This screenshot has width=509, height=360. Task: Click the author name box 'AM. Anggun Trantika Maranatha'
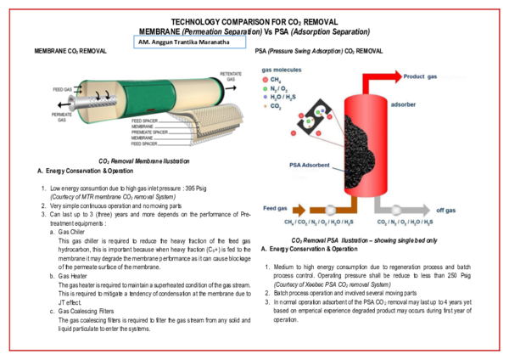[189, 40]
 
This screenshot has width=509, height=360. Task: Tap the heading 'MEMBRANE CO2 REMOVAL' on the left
[70, 52]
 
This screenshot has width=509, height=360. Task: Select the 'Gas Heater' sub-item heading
[70, 276]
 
